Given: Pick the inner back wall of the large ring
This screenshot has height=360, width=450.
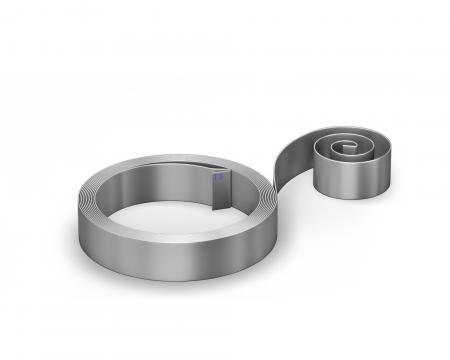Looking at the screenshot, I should tap(160, 180).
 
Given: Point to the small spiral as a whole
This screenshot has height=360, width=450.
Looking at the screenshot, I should tap(345, 160).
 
